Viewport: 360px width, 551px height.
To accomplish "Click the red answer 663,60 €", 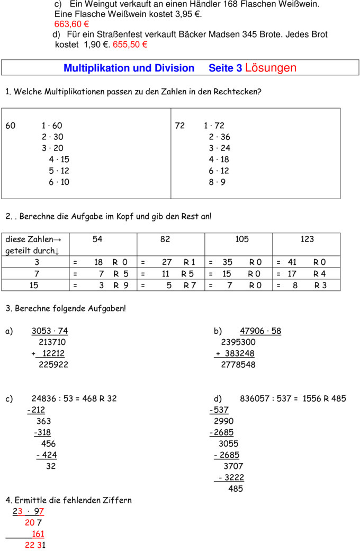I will (x=71, y=24).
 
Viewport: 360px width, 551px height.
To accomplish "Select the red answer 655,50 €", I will (x=130, y=45).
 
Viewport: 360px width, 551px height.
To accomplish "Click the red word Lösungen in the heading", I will (x=271, y=68).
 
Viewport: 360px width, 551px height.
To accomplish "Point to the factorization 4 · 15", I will (x=59, y=159).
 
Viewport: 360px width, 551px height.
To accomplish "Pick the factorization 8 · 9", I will (x=217, y=182).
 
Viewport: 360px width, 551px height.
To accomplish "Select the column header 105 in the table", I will (x=241, y=239).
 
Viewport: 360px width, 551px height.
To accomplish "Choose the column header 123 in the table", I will (x=307, y=239).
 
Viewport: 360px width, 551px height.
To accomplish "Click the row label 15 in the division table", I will (x=34, y=286).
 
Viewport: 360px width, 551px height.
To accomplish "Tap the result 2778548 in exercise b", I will (x=238, y=365).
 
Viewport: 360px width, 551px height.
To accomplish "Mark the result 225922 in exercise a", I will (x=53, y=365).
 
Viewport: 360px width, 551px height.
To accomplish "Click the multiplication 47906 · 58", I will (x=260, y=332).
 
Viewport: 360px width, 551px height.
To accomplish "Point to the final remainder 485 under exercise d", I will (x=236, y=489).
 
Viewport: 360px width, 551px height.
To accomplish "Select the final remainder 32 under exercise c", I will (x=51, y=467).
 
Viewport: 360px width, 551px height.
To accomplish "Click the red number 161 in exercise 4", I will (x=38, y=534).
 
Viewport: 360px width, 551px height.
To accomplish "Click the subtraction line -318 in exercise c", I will (x=42, y=432).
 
